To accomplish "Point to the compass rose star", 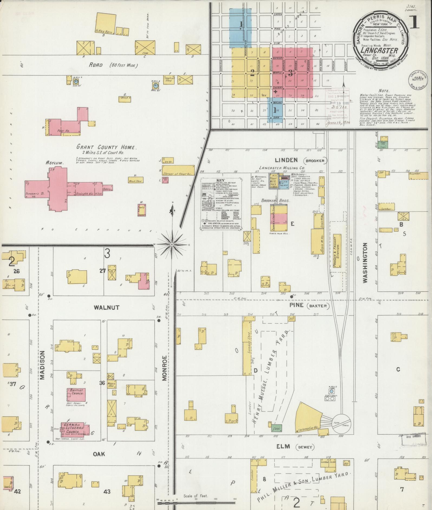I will (x=171, y=244).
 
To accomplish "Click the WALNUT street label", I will (x=103, y=307).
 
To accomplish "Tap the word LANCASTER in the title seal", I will (x=379, y=51).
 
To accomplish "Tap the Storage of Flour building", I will (x=178, y=170).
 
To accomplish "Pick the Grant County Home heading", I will (x=107, y=147).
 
